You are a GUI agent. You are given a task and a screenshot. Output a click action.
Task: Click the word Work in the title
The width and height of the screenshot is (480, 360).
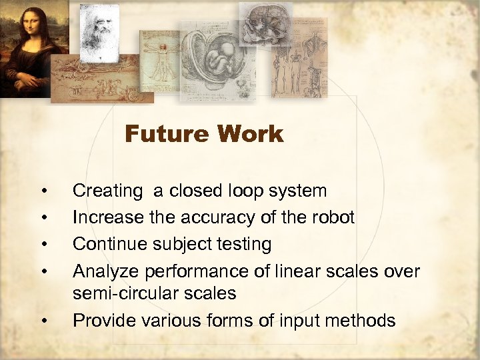point(249,134)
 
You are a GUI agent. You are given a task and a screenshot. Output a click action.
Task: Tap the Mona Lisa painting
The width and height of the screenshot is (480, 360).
point(26,47)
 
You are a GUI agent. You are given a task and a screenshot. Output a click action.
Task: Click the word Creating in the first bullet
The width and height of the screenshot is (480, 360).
point(107,191)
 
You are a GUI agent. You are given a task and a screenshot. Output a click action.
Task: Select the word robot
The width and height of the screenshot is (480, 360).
point(333,217)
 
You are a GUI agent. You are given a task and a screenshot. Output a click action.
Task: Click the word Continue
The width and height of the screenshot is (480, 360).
point(109,244)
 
